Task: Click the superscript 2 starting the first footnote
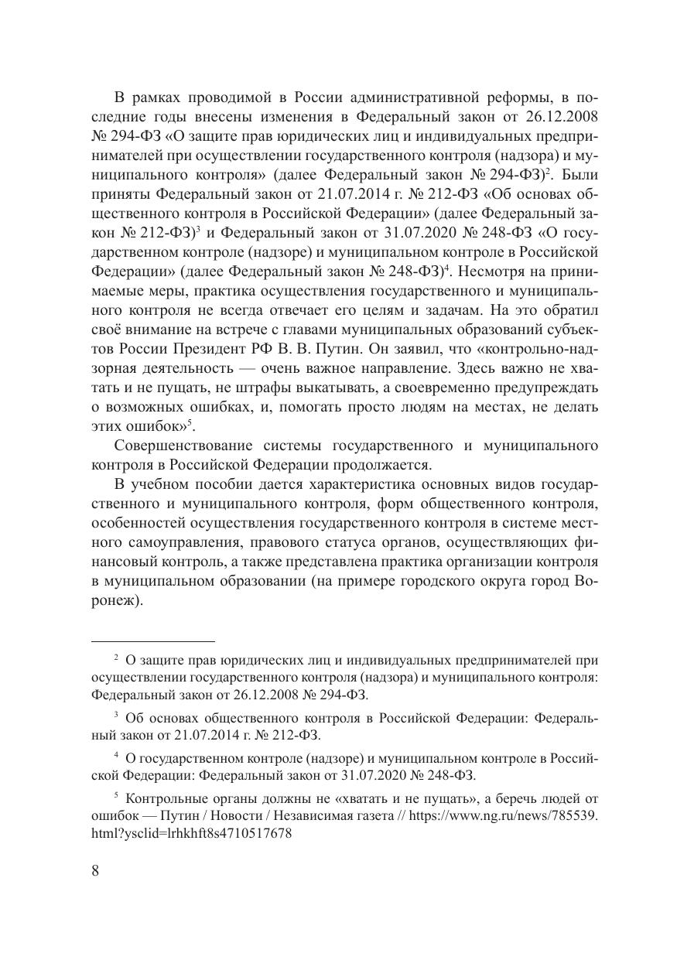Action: point(115,658)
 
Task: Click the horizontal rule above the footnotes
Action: point(152,641)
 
